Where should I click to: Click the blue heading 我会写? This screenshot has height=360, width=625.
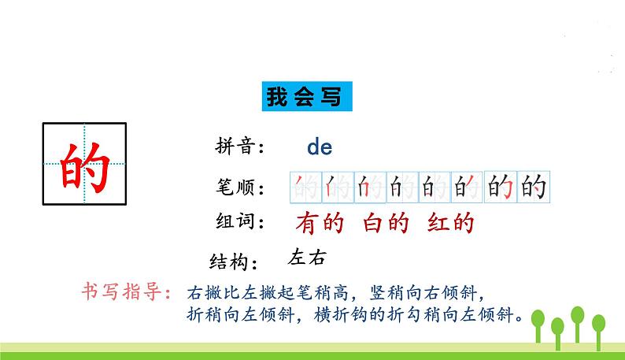(x=305, y=98)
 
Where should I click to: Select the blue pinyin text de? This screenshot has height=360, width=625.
(x=320, y=147)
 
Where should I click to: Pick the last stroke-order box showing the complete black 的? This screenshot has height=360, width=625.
(x=532, y=187)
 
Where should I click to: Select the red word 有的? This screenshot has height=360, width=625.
(x=320, y=225)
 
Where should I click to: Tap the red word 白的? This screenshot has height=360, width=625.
(x=386, y=225)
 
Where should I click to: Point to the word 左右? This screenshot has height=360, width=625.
(x=307, y=258)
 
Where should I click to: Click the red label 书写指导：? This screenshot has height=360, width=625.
(x=126, y=292)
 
